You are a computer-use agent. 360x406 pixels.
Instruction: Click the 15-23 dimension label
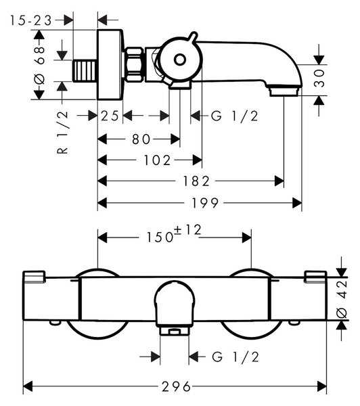pyautogui.click(x=31, y=20)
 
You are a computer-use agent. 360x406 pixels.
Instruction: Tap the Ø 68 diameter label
pyautogui.click(x=40, y=65)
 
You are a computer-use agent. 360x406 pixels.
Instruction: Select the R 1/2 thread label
pyautogui.click(x=62, y=132)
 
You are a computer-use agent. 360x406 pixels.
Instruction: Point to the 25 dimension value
pyautogui.click(x=110, y=116)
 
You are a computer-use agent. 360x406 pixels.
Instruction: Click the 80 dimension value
pyautogui.click(x=141, y=139)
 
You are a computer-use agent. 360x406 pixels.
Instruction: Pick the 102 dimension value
pyautogui.click(x=157, y=160)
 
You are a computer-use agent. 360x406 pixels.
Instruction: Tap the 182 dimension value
pyautogui.click(x=196, y=181)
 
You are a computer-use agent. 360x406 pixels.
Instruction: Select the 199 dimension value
pyautogui.click(x=204, y=203)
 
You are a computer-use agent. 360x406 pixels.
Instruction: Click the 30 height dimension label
pyautogui.click(x=319, y=78)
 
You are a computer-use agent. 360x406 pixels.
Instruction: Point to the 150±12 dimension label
pyautogui.click(x=174, y=234)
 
